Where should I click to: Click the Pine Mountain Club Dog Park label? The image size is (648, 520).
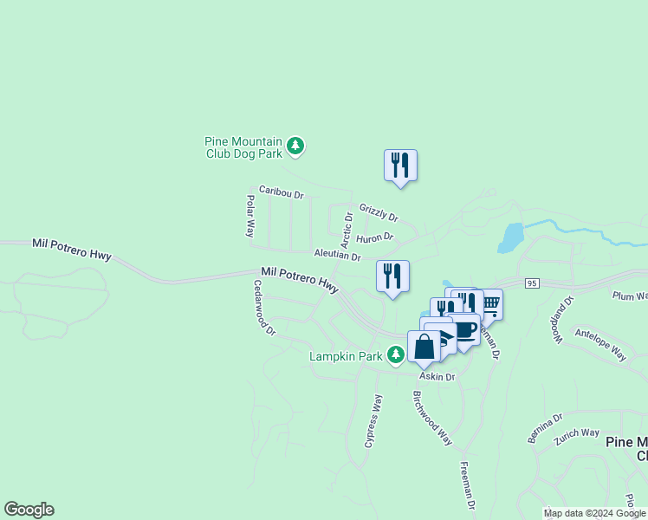pos(243,147)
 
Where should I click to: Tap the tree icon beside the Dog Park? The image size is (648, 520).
pos(295,146)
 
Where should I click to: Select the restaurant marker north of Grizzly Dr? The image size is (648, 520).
pos(400,164)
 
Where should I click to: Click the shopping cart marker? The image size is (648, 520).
pos(490,303)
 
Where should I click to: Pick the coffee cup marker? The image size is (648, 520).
pos(466,330)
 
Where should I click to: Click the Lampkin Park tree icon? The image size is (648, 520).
pos(395,354)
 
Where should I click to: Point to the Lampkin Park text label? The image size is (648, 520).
pos(346,356)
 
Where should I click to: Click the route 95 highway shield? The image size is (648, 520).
pos(532,283)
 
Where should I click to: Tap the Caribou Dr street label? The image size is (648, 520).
pos(282,192)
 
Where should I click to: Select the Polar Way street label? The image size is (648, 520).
pos(249,216)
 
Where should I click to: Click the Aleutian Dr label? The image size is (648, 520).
pos(337,255)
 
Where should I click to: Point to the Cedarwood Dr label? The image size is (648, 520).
pos(264,307)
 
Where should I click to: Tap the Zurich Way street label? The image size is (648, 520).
pos(579,432)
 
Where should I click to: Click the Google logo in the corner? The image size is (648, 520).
pos(29,510)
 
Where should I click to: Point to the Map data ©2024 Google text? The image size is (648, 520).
pos(594,513)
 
